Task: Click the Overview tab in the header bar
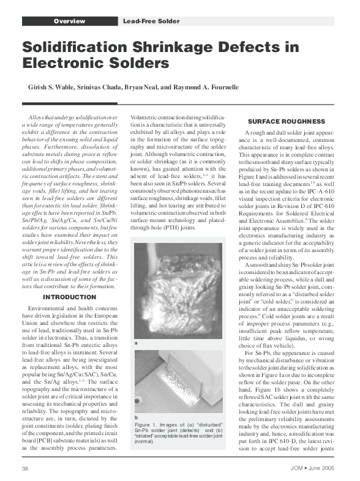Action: (69, 21)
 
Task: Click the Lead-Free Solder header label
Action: (151, 21)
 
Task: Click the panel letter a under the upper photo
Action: (136, 343)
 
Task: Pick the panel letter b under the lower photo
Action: (136, 417)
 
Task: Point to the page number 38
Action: (26, 468)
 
